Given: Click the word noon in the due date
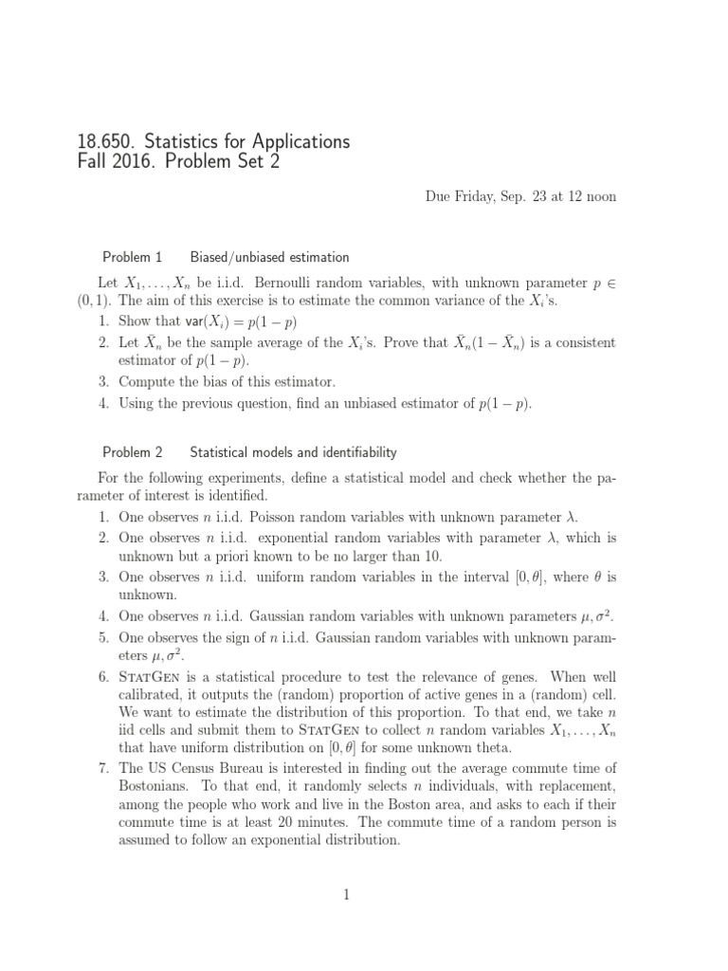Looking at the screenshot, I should [x=599, y=196].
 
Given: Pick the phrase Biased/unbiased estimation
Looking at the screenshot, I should [x=270, y=257].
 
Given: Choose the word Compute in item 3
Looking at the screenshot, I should [x=148, y=382].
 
